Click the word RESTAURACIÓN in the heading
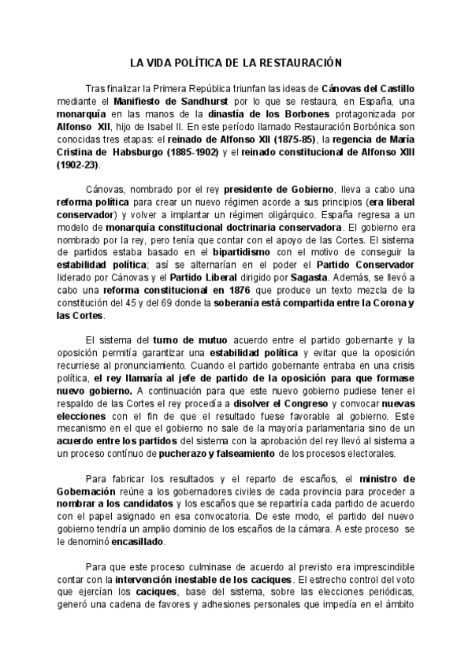click(x=304, y=62)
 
